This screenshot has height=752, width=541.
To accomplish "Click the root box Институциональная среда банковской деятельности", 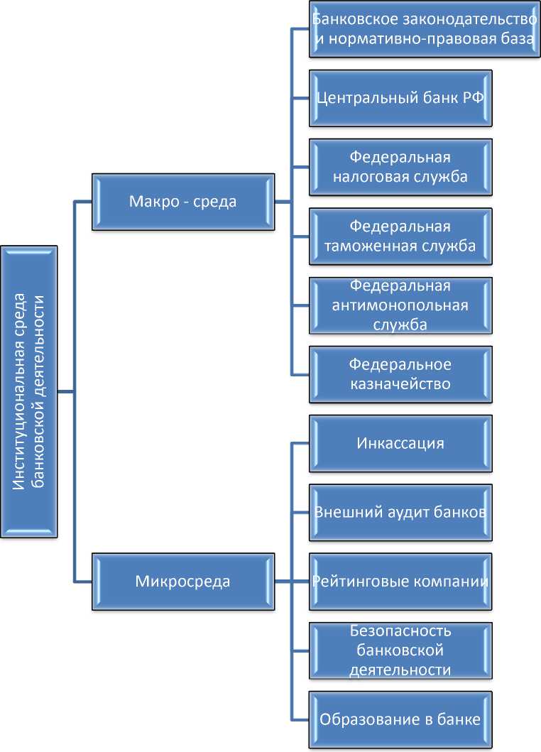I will pyautogui.click(x=30, y=391).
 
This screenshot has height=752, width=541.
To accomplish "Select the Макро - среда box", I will pyautogui.click(x=182, y=202).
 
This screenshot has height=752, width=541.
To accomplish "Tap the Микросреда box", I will pyautogui.click(x=182, y=582).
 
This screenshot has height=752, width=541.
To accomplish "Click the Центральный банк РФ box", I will pyautogui.click(x=400, y=98).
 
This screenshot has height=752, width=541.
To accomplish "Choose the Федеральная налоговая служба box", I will pyautogui.click(x=400, y=167).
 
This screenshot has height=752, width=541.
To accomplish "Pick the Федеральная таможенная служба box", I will pyautogui.click(x=400, y=236).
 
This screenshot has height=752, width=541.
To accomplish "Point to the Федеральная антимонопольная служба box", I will pyautogui.click(x=400, y=305).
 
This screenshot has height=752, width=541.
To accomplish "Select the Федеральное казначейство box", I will pyautogui.click(x=400, y=374).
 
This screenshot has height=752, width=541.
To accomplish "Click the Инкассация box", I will pyautogui.click(x=400, y=443).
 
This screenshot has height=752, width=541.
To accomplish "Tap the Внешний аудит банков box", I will pyautogui.click(x=400, y=512).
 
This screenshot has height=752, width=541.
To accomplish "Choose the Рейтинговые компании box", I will pyautogui.click(x=400, y=582).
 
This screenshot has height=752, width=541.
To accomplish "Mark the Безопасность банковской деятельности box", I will pyautogui.click(x=400, y=650).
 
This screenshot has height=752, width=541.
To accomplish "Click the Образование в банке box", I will pyautogui.click(x=400, y=719).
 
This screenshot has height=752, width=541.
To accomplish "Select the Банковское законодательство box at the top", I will pyautogui.click(x=424, y=29).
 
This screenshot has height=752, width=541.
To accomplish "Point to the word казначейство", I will pyautogui.click(x=400, y=384).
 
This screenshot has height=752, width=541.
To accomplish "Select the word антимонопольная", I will pyautogui.click(x=400, y=305).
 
